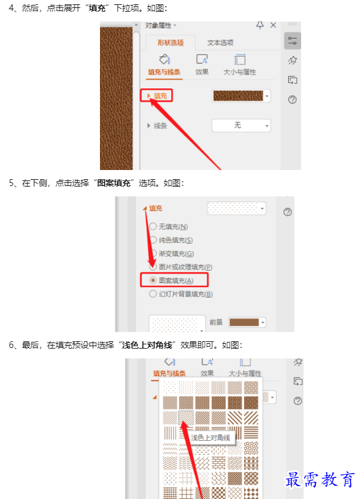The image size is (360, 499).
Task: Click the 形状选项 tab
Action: pyautogui.click(x=170, y=42)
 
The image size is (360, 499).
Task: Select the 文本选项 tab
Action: pyautogui.click(x=220, y=42)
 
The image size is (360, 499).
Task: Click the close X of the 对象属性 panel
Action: pyautogui.click(x=273, y=25)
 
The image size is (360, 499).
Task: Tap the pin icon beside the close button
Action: pyautogui.click(x=260, y=25)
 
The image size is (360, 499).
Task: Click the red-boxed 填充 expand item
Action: pyautogui.click(x=156, y=96)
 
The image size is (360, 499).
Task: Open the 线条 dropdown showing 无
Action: pyautogui.click(x=241, y=126)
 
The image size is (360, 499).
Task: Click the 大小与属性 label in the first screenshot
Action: pyautogui.click(x=239, y=72)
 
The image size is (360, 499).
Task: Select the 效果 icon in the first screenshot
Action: pyautogui.click(x=202, y=60)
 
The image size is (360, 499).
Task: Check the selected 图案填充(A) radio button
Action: pyautogui.click(x=153, y=280)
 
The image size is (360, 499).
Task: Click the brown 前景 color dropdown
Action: pyautogui.click(x=247, y=322)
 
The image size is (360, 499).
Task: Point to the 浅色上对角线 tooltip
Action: pyautogui.click(x=210, y=438)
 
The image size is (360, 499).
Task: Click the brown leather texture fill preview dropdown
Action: pyautogui.click(x=241, y=96)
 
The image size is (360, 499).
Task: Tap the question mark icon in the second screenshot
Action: pyautogui.click(x=288, y=212)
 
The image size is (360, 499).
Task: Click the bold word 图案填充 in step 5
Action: pyautogui.click(x=114, y=183)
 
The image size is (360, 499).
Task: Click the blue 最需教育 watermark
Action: pyautogui.click(x=320, y=479)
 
